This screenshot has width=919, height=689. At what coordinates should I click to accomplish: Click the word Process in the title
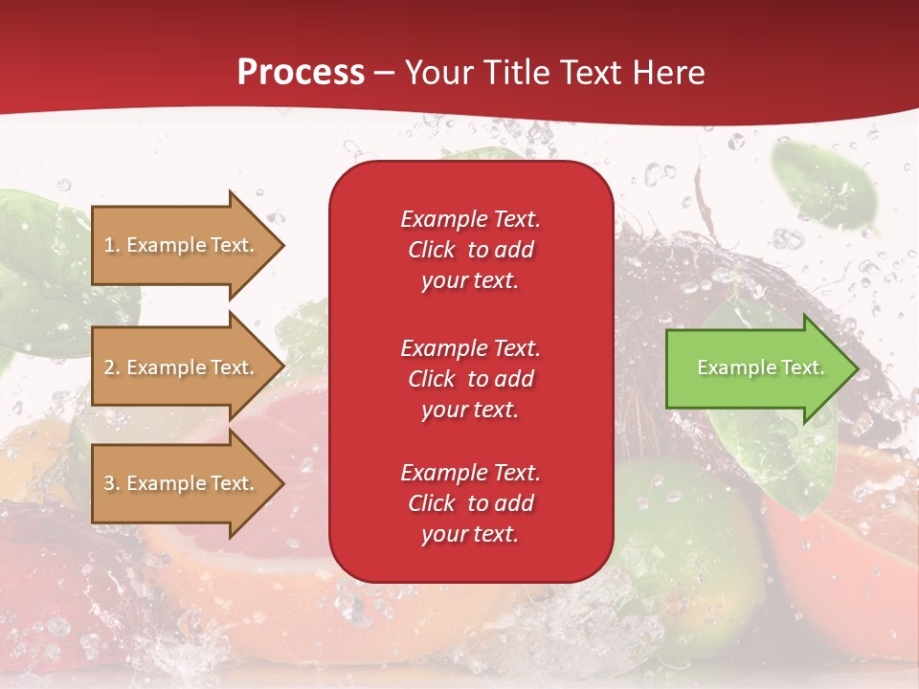301,73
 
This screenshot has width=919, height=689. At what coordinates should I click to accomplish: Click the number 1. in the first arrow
112,245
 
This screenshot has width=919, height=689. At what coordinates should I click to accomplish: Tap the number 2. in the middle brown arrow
112,367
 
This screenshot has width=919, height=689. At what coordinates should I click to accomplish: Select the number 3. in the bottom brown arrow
112,483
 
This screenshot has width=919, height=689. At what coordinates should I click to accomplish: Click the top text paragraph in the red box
470,250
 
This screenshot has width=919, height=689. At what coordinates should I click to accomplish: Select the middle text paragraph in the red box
470,379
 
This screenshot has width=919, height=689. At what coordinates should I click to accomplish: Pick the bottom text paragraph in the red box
470,503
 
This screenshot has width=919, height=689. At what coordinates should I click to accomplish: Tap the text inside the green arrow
760,367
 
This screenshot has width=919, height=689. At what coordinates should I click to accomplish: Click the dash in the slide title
384,73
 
